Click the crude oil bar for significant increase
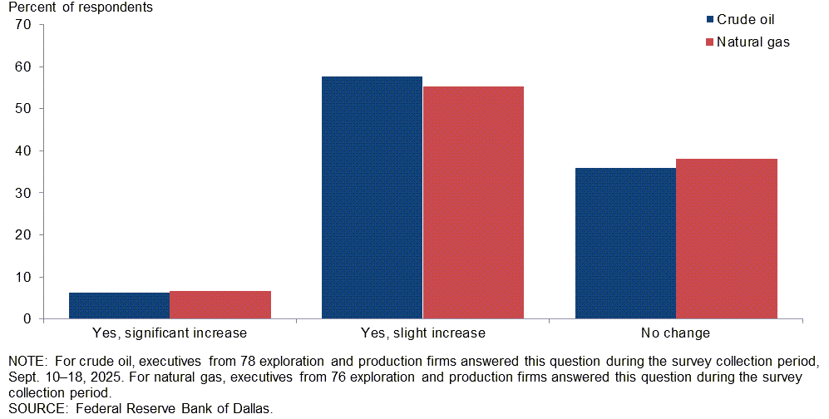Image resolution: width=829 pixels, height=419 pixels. tap(119, 305)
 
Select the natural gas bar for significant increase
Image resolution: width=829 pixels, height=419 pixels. tap(220, 304)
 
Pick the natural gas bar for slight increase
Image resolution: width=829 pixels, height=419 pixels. tap(473, 202)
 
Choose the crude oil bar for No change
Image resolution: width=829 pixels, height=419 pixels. tap(625, 243)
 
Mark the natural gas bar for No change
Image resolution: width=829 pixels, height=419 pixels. tap(727, 239)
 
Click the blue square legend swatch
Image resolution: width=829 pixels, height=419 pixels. tap(709, 20)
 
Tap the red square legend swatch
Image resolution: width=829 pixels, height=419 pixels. tap(709, 42)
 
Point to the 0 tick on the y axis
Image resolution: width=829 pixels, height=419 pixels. tap(27, 319)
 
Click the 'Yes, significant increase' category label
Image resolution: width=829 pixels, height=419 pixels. tap(170, 333)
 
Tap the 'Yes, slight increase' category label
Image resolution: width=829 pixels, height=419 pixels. tap(422, 333)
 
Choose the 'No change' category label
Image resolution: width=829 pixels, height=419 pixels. tap(675, 333)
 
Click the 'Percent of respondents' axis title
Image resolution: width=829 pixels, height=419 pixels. tap(81, 7)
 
